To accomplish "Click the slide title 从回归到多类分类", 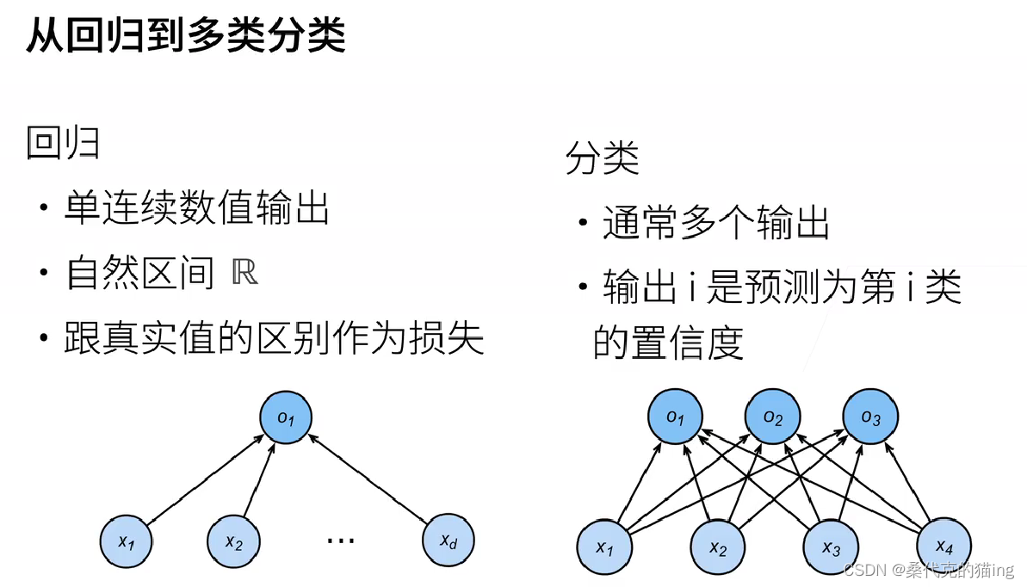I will coord(185,37).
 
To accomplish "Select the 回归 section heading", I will coord(63,143).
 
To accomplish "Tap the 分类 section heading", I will coord(602,158).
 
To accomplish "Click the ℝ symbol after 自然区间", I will coord(245,273).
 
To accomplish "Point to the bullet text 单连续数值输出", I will coord(197,209).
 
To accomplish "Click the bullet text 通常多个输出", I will coord(715,224).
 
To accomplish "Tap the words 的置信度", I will coord(668,343).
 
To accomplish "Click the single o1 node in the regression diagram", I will coord(286,418).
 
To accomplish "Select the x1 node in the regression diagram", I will coord(127,541).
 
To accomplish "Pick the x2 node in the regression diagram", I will coord(233,541).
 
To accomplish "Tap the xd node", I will coord(449,541).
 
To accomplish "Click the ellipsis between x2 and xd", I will coord(341,541).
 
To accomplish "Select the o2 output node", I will coord(772,418).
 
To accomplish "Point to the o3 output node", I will coord(870,418).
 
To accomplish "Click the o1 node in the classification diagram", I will coord(674,418).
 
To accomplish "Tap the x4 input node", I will coord(944,545).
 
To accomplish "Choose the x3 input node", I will coord(830,547).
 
